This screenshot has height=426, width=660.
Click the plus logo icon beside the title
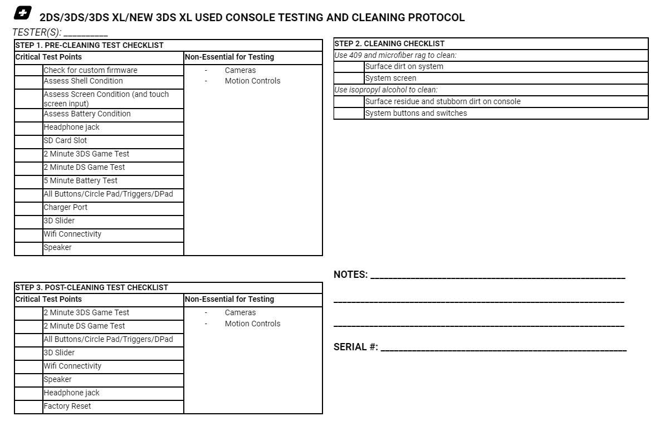pos(23,13)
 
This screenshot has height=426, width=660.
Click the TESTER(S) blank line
pos(86,33)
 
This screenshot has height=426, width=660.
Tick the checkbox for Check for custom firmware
pos(28,70)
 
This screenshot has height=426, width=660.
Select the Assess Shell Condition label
pos(83,81)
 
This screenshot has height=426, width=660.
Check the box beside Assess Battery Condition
pos(28,114)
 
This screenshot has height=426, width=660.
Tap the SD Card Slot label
pos(65,141)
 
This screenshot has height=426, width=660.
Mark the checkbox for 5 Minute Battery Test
pos(28,181)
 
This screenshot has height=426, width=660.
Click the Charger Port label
pos(66,208)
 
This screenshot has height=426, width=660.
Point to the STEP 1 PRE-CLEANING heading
pos(89,45)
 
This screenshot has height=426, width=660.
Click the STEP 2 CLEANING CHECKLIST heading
pos(389,43)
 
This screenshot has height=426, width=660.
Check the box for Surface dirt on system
pos(349,67)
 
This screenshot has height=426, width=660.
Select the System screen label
pos(390,79)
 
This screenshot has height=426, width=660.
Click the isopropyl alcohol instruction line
pos(385,90)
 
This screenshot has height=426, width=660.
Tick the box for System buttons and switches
pos(349,114)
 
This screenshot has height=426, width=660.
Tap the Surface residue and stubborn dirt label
pos(443,102)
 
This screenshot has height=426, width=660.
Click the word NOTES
pos(350,275)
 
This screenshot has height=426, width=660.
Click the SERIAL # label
pos(355,347)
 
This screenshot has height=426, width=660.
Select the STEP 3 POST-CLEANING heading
pos(91,287)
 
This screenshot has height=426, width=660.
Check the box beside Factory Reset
pos(28,407)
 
